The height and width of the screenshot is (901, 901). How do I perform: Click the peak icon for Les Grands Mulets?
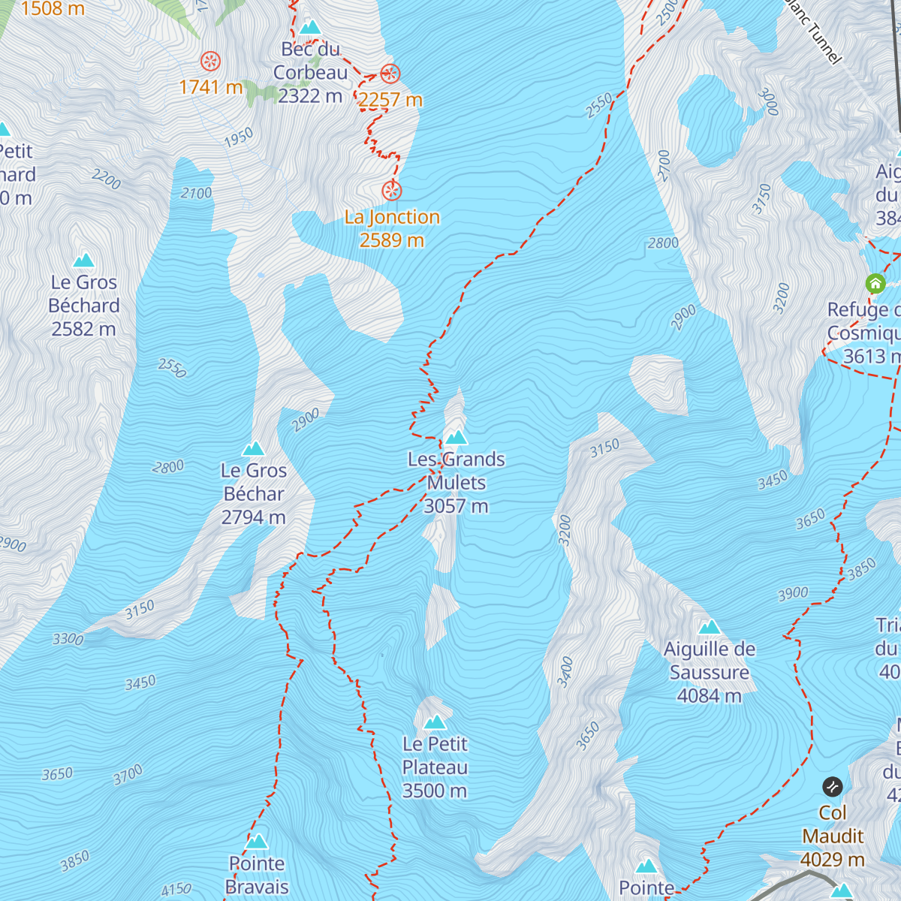pos(456,438)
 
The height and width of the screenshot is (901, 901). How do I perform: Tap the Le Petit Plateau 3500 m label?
pos(435,767)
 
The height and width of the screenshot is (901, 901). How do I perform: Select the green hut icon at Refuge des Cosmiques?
pos(875,284)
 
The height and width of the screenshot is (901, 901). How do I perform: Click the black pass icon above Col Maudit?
pos(832,787)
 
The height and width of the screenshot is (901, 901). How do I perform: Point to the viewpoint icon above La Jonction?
pos(391,191)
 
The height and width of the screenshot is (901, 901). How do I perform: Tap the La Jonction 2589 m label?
pos(392,228)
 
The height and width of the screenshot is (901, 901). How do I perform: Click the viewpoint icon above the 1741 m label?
pos(210,62)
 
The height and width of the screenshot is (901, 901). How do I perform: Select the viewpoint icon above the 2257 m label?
pos(390,74)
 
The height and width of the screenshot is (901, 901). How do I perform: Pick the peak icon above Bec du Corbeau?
pos(309,28)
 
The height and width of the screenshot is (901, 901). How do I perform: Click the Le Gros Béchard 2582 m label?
pos(84,306)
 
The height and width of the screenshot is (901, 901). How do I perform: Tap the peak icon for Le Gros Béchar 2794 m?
pos(253,449)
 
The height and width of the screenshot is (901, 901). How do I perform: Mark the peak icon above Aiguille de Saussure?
pos(709,627)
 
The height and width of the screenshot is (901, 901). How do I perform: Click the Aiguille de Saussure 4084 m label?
pos(710,673)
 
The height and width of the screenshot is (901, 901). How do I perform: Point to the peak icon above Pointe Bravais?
pos(257,841)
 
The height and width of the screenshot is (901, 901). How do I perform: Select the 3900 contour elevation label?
pos(793,595)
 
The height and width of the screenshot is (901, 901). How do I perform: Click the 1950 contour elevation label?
pos(239,138)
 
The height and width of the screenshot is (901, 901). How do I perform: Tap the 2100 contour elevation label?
pos(196,193)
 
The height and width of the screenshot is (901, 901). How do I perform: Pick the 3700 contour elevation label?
pos(128,774)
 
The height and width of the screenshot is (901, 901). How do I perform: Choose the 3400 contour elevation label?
pos(565,671)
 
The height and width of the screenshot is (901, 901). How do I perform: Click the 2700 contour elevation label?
pos(663,165)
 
